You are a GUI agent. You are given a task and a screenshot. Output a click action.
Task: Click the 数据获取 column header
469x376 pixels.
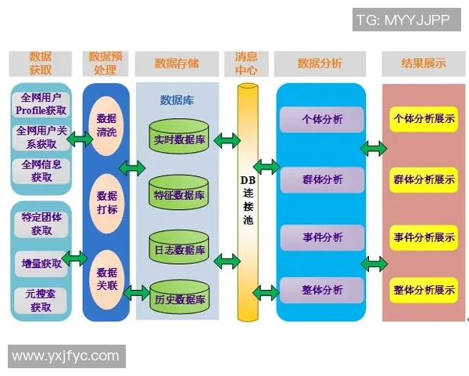point(41,63)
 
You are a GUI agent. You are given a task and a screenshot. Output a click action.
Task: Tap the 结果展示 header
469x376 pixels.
point(423,63)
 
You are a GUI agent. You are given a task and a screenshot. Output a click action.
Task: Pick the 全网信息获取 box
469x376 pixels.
point(41,171)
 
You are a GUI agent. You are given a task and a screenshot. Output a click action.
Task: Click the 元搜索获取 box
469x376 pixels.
point(41,300)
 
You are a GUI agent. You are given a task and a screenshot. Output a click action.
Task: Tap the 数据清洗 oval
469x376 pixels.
point(106,125)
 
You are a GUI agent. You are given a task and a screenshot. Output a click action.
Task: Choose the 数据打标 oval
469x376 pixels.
point(106,202)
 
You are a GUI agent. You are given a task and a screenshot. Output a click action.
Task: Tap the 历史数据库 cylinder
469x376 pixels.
point(179,299)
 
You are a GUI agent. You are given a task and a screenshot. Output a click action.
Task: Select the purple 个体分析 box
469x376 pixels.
point(322,120)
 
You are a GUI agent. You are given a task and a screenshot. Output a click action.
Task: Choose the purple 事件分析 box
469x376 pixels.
point(322,236)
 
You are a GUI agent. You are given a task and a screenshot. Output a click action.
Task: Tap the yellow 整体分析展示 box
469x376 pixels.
point(424,290)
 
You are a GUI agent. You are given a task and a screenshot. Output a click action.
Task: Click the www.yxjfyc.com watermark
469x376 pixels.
point(66,356)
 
